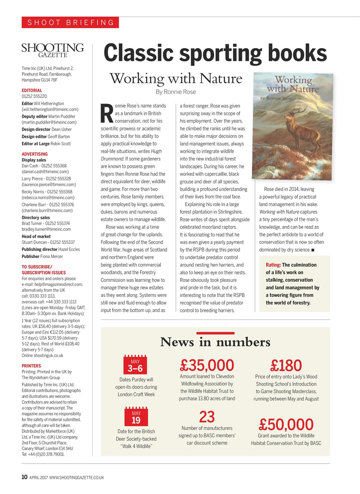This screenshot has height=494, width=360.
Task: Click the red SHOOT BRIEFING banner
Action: tap(70, 22)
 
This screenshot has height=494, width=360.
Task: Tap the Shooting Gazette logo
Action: tap(53, 50)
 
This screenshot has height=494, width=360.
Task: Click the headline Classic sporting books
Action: tap(215, 53)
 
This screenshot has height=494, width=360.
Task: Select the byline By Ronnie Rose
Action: tap(176, 92)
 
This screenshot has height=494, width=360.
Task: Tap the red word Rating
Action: tap(273, 265)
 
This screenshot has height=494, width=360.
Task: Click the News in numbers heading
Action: tap(215, 342)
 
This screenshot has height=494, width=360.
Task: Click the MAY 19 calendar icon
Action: tap(136, 417)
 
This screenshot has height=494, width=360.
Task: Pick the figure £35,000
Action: tap(207, 365)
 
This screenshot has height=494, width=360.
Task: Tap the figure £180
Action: tap(286, 365)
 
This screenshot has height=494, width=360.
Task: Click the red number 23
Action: tap(207, 417)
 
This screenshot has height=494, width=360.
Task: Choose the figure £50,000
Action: tap(286, 425)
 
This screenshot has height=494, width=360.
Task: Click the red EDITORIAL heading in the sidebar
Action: tap(32, 90)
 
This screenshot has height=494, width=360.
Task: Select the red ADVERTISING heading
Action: tap(35, 154)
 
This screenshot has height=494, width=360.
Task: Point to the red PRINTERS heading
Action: tap(31, 365)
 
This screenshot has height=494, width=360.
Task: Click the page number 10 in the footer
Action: tap(24, 477)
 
